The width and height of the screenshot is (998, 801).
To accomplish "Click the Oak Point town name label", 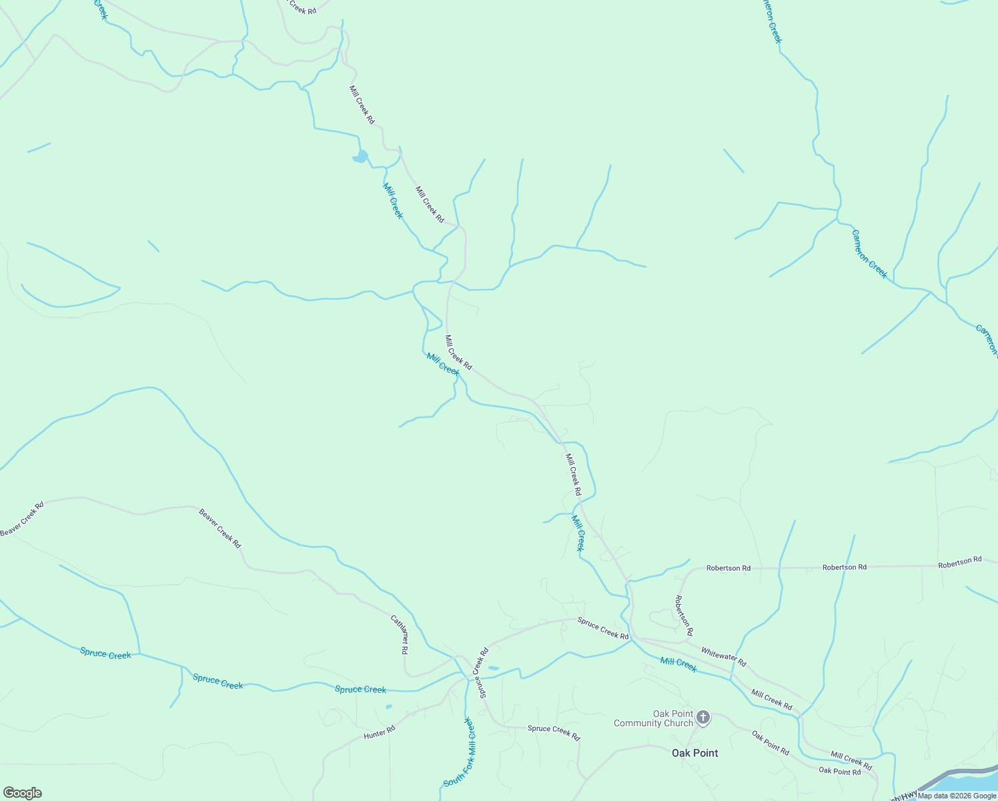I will tap(694, 753).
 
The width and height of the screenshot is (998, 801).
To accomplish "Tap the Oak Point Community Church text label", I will tap(653, 718).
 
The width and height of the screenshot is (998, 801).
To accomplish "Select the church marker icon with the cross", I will tap(702, 718).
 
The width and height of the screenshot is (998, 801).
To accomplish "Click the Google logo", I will tap(22, 793).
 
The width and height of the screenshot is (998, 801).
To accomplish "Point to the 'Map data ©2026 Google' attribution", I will tap(957, 795).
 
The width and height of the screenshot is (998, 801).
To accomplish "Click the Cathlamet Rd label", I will tap(400, 634).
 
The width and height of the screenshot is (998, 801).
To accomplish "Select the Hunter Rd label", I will tap(380, 732).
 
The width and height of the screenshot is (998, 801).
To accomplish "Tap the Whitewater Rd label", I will tap(723, 657).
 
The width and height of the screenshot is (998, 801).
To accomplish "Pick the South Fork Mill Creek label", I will tap(461, 752).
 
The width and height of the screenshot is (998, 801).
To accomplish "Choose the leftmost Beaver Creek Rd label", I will tap(22, 519).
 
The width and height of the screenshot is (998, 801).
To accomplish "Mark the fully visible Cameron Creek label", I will tap(869, 254).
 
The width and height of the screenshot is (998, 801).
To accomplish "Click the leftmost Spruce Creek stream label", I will tap(105, 653).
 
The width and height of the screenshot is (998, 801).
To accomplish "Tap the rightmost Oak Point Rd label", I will tap(839, 771).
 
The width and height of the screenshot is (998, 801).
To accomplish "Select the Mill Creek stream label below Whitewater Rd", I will tap(678, 664).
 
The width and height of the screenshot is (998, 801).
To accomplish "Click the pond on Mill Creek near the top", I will tap(361, 157).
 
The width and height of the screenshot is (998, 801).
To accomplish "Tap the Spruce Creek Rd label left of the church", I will tap(554, 729).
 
